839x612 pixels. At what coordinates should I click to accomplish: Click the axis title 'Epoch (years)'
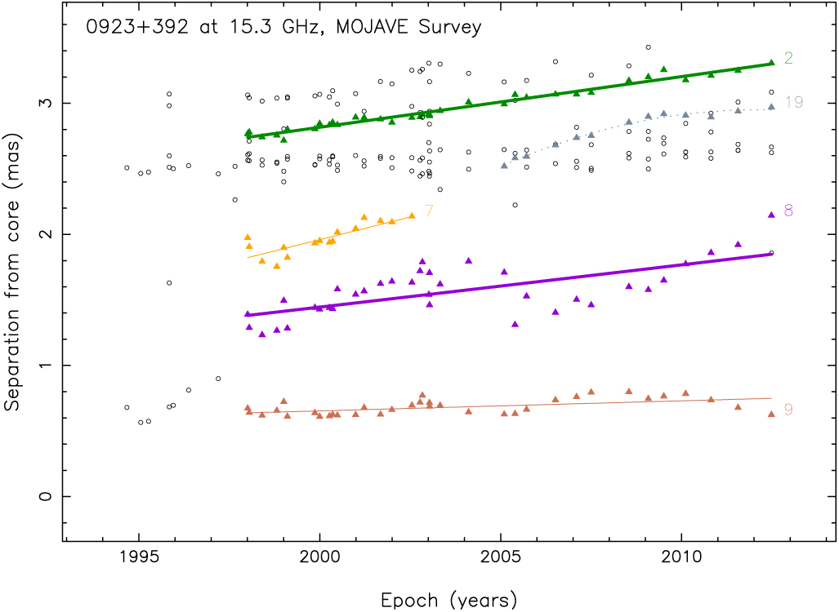449,601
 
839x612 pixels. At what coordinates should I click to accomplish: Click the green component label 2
788,58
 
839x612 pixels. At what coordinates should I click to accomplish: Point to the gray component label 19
793,102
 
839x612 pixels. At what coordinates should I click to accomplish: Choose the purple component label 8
788,211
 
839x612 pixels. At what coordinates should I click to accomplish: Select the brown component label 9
788,410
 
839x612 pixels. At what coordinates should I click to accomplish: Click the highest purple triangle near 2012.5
771,215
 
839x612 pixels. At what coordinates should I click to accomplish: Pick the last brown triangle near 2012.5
771,414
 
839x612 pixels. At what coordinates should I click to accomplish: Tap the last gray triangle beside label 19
771,106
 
